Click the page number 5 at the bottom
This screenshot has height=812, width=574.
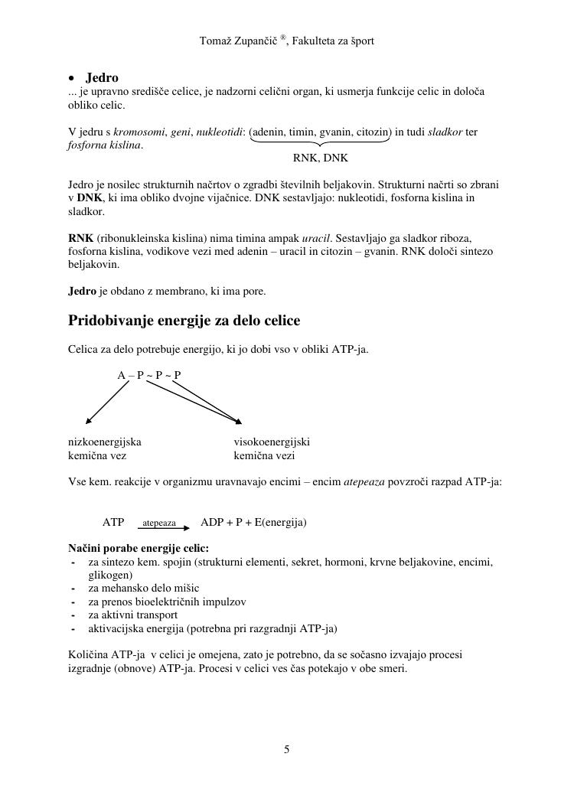[287, 750]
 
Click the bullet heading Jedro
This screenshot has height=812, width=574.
[102, 77]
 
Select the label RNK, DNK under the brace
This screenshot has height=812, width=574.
[320, 158]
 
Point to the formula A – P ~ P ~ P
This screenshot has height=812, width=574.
[149, 375]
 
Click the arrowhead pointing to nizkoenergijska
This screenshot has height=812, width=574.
[88, 421]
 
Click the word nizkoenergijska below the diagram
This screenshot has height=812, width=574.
[105, 442]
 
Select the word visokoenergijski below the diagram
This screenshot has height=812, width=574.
[272, 442]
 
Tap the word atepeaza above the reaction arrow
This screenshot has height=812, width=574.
[159, 523]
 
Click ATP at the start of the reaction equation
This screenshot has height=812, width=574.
[113, 522]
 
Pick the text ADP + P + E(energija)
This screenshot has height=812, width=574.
[253, 522]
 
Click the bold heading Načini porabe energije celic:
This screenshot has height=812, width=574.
[139, 548]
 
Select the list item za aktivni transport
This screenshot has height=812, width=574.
[133, 615]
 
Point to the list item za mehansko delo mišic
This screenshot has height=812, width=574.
[139, 588]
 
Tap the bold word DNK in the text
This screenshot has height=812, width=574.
[90, 198]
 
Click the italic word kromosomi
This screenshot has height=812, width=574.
[140, 132]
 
